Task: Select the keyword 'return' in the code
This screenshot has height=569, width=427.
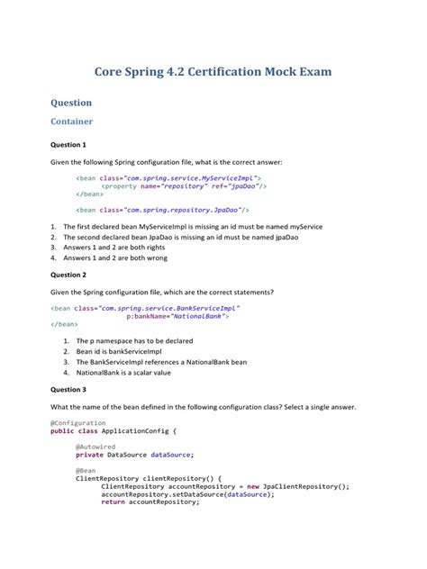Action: tap(113, 501)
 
